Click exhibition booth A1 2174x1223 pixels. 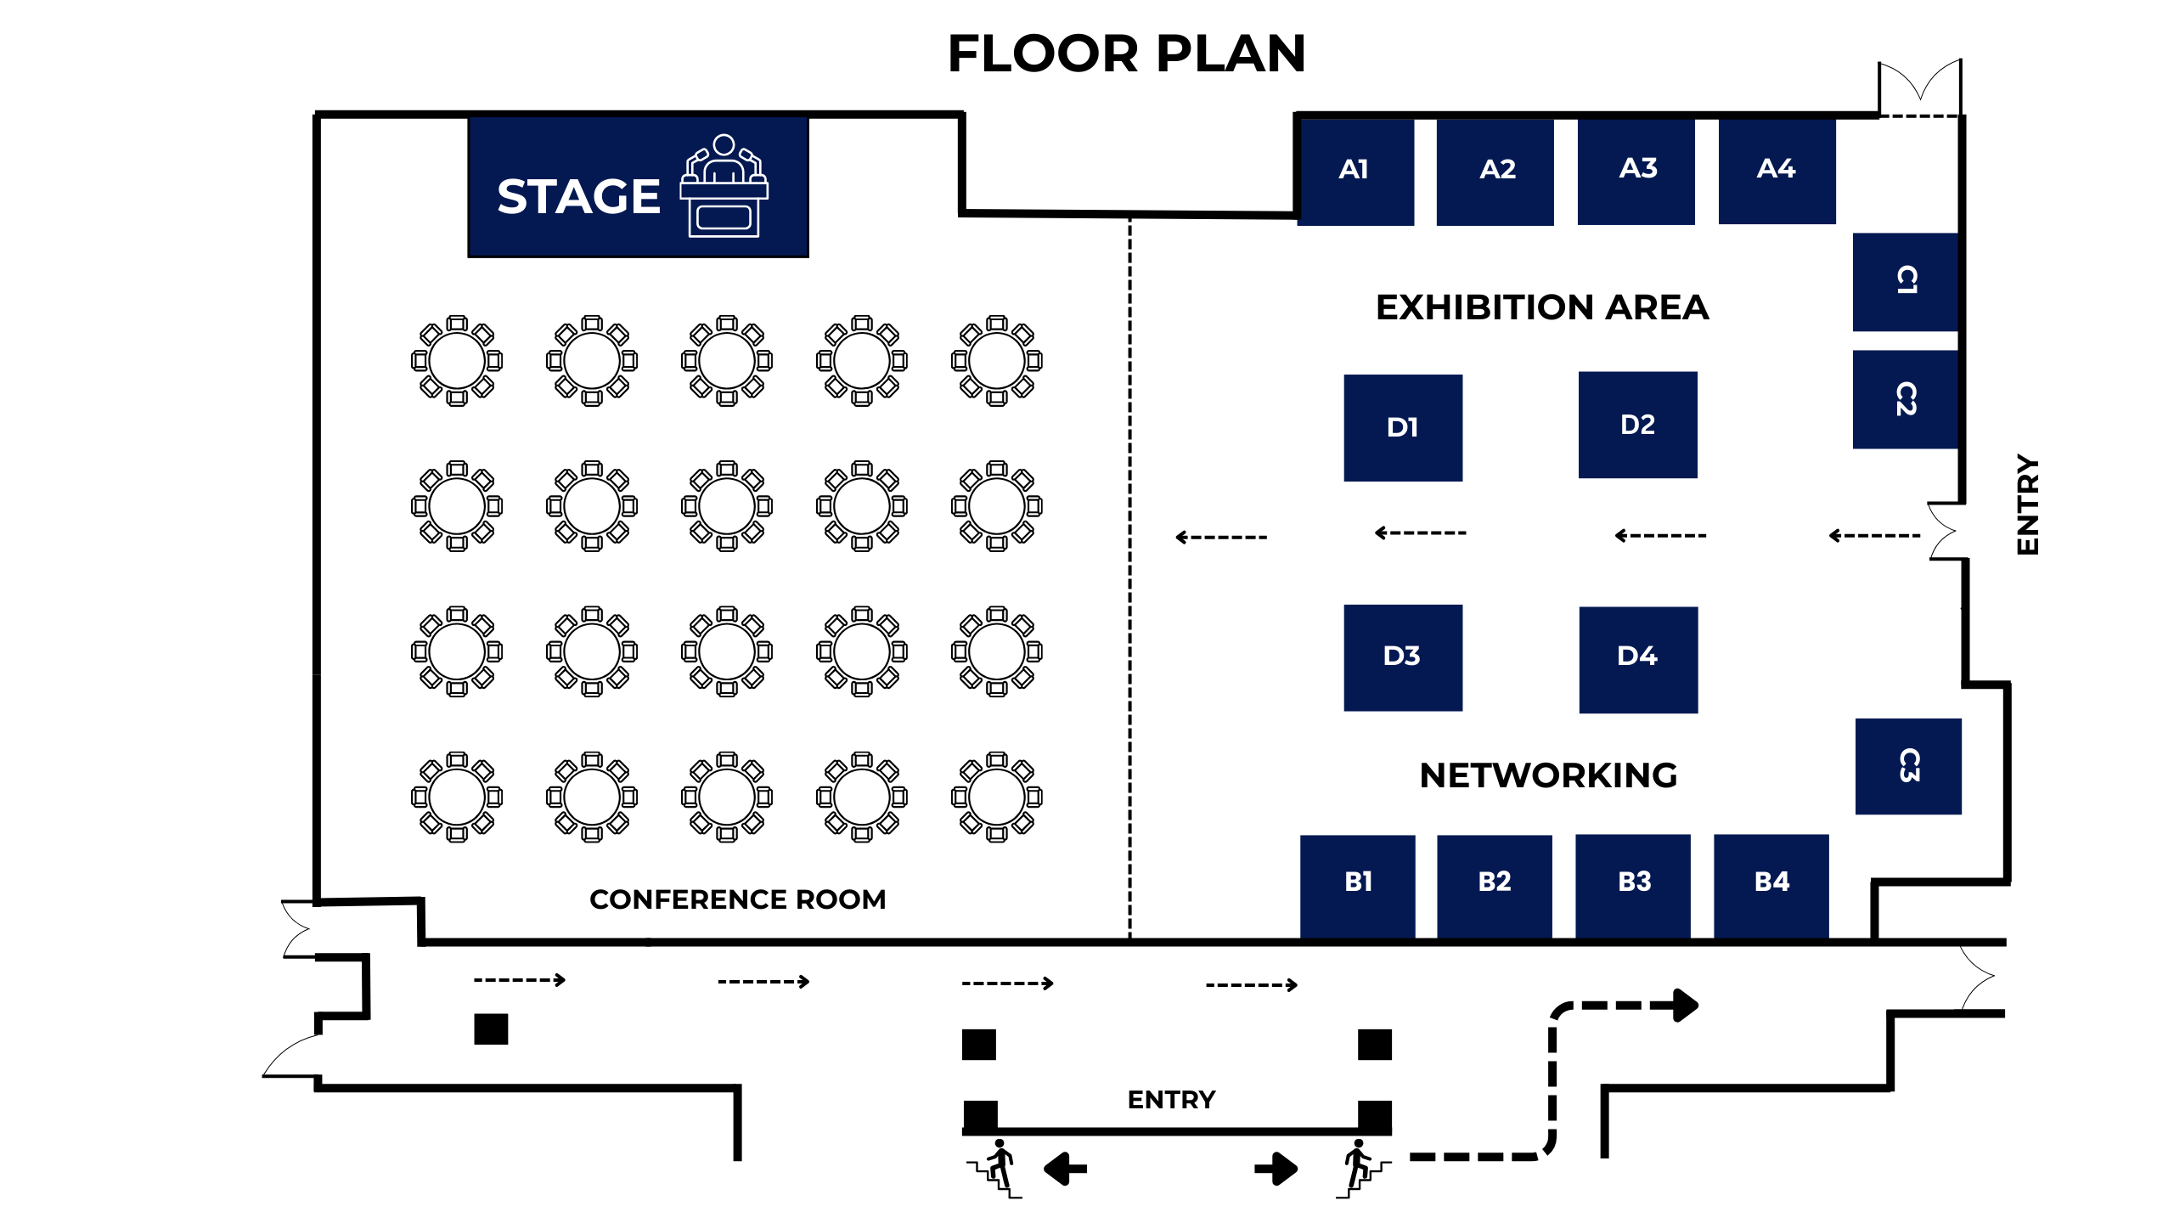(x=1355, y=171)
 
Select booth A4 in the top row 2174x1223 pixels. (x=1777, y=170)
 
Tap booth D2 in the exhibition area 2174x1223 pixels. (x=1637, y=425)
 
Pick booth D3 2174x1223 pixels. (x=1402, y=657)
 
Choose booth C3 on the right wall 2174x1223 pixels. (x=1907, y=766)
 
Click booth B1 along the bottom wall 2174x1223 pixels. (x=1357, y=884)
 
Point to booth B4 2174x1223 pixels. (x=1771, y=884)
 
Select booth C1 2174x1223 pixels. (x=1905, y=281)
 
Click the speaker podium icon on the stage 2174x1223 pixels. (x=724, y=186)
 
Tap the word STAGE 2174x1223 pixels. (x=578, y=197)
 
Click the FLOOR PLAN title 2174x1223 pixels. (x=1126, y=54)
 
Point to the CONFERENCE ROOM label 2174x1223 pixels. (x=737, y=899)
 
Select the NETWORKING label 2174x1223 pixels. (x=1547, y=775)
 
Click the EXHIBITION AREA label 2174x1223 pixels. (x=1541, y=307)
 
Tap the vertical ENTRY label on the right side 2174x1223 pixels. (x=2027, y=504)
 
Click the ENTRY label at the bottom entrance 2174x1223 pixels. (x=1171, y=1100)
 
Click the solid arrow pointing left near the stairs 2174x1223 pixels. (x=1065, y=1169)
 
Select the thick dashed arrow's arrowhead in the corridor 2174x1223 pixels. (x=1685, y=1006)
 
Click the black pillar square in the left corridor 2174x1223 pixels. (x=491, y=1029)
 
